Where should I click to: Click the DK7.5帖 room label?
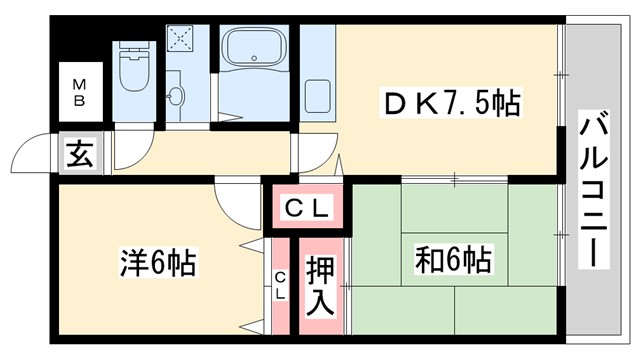pos(452,103)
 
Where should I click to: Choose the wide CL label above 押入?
pos(304,208)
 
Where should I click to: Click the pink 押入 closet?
pos(321,285)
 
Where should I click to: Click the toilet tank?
pos(131,52)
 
